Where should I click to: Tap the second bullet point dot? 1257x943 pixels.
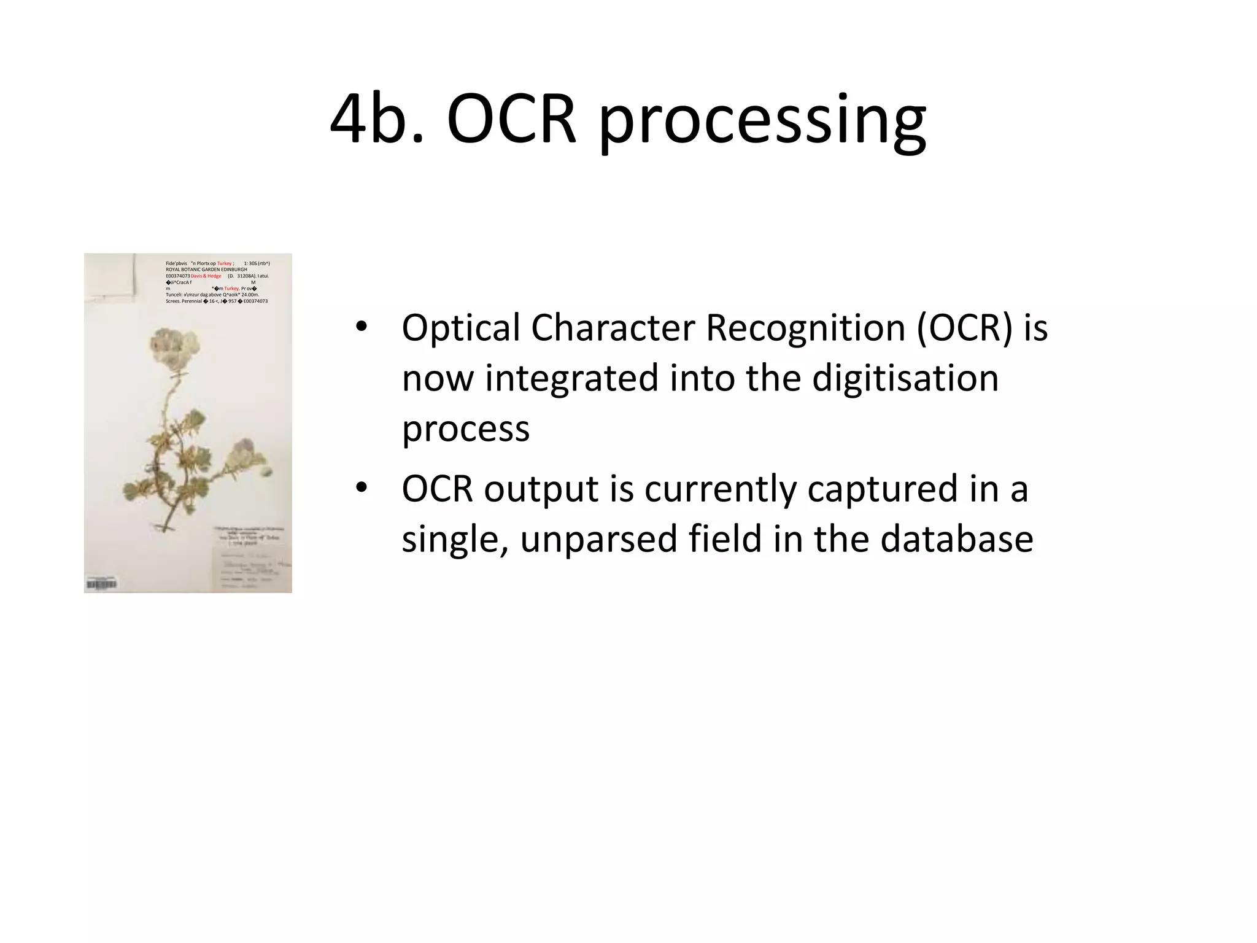(361, 487)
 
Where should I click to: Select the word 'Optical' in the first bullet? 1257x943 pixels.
(460, 328)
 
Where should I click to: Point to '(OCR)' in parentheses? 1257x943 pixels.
(964, 328)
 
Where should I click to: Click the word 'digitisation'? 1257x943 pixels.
(905, 378)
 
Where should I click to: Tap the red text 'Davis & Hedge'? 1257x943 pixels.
(206, 276)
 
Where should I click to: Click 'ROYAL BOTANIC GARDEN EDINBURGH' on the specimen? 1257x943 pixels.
(206, 270)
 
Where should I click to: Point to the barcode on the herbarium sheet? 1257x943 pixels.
(101, 584)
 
